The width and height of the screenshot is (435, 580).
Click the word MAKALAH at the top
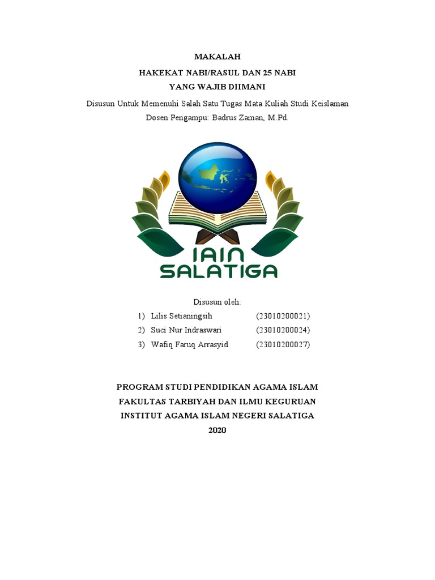[x=217, y=57]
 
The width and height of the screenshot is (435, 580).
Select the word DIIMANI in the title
[x=245, y=87]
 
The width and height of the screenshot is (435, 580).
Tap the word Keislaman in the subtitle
[x=330, y=104]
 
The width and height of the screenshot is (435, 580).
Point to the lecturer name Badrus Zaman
[x=236, y=118]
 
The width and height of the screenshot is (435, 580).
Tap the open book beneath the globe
[x=217, y=212]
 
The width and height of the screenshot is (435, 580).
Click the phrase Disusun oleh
[x=217, y=302]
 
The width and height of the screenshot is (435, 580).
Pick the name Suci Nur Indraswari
[x=186, y=330]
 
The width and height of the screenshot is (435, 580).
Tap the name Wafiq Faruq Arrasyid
[x=189, y=344]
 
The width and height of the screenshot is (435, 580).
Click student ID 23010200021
[x=283, y=316]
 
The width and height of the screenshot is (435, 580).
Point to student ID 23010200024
[x=283, y=330]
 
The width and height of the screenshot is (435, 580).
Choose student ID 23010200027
[x=283, y=344]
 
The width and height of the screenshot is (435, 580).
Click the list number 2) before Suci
[x=141, y=330]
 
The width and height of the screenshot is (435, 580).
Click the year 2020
[x=217, y=430]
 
